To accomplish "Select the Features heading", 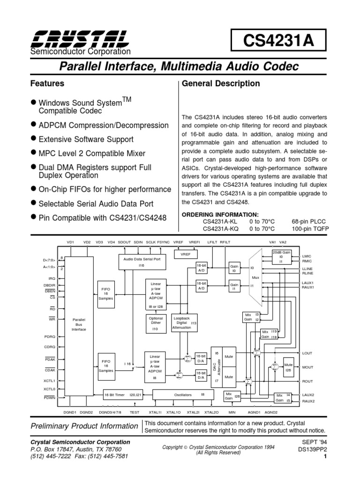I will pos(47,84).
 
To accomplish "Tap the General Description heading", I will pos(220,84).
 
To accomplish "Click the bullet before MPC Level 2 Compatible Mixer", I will pos(33,153).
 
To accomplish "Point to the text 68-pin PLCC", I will pos(308,221).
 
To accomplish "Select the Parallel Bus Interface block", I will pos(79,323).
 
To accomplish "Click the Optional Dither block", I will pos(156,323).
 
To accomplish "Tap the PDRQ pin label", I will pos(50,337).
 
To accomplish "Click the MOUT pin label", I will pos(307,368).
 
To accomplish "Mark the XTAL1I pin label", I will pos(155,412).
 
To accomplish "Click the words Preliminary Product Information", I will pos(84,426).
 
